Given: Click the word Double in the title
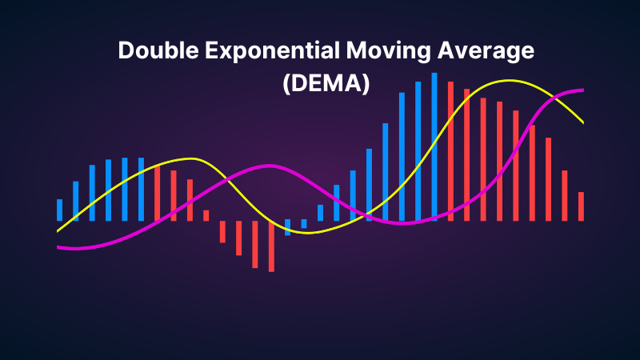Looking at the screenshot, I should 155,50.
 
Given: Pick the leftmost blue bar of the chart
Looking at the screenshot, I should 59,210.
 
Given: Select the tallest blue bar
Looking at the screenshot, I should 434,146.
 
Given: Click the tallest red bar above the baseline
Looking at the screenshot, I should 450,151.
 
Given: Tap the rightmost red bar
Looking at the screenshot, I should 582,206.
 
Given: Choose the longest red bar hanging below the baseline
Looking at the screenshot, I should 271,246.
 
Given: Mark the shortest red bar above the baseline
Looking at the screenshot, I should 206,215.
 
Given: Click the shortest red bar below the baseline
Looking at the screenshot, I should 222,231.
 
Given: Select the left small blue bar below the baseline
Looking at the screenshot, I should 288,226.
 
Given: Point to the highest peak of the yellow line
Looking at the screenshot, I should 506,81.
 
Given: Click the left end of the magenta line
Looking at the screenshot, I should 58,247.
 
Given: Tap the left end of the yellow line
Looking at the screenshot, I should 58,230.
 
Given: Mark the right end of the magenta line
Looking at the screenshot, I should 582,90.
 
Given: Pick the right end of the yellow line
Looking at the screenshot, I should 582,122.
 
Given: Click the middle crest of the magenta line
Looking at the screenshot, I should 268,166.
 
